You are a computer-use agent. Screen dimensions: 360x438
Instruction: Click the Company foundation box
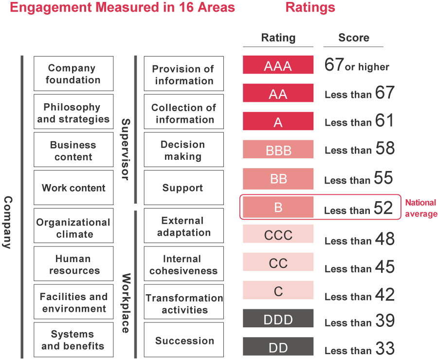coord(73,74)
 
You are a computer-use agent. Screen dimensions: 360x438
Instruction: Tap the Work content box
coord(73,188)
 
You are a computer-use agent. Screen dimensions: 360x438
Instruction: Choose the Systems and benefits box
coord(73,340)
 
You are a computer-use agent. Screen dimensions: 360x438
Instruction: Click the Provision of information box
coord(184,74)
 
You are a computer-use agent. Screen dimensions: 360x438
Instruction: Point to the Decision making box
coord(184,150)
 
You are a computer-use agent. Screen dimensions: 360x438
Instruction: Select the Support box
coord(184,188)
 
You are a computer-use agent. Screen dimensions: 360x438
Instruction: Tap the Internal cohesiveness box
coord(184,264)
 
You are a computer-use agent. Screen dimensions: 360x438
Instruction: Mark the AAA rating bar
coord(278,65)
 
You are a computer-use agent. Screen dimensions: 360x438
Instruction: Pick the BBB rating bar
coord(278,149)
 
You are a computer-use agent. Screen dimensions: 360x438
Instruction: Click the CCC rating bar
coord(278,235)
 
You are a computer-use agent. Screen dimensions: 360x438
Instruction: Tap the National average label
coord(421,208)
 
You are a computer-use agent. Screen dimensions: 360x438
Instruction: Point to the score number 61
coord(384,120)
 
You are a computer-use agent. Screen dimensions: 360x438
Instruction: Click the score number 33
coord(384,348)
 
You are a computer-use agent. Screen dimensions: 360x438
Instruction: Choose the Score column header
coord(353,38)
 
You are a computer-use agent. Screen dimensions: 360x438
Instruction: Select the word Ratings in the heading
coord(310,7)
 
